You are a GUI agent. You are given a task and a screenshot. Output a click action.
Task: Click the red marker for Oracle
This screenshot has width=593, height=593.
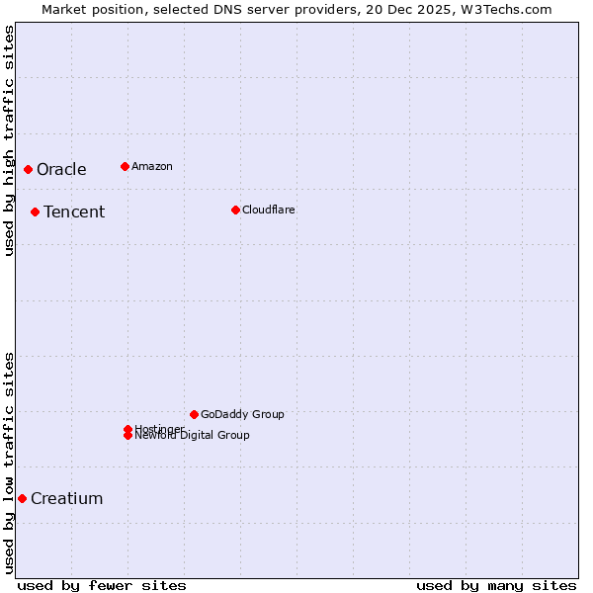pos(29,169)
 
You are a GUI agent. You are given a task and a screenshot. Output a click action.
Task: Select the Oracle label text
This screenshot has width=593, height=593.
pos(61,169)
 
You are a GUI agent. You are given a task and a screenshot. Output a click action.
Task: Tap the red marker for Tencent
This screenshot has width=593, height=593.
pos(35,212)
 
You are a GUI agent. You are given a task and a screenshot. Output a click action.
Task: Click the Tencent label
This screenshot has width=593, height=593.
pos(74,212)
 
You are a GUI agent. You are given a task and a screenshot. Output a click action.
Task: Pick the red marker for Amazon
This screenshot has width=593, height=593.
pos(125,166)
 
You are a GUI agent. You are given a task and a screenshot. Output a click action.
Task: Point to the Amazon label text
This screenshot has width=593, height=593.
pos(152,166)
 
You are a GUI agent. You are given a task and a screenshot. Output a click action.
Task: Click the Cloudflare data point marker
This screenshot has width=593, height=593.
pos(235,210)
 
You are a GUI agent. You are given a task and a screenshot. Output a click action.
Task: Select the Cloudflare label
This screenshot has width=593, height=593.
pos(269,210)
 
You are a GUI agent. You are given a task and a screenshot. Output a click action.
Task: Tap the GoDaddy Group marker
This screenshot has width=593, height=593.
pos(194,414)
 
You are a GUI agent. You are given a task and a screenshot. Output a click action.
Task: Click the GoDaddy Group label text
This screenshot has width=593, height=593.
pos(242,414)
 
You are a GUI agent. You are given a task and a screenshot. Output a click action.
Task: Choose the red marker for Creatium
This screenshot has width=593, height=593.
pos(22,498)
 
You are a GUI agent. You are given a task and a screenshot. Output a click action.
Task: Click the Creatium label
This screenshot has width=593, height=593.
pos(67,498)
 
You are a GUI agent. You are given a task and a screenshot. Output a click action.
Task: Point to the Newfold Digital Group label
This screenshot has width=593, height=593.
pos(193,436)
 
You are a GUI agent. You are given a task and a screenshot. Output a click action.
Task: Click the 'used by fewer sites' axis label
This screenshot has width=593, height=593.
pos(102,585)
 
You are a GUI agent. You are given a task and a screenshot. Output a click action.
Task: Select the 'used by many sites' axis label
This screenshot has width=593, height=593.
pos(496,585)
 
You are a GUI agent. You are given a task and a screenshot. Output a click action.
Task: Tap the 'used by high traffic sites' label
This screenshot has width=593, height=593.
pos(9,140)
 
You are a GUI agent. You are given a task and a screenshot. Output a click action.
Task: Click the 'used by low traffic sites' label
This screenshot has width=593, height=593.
pos(9,463)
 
